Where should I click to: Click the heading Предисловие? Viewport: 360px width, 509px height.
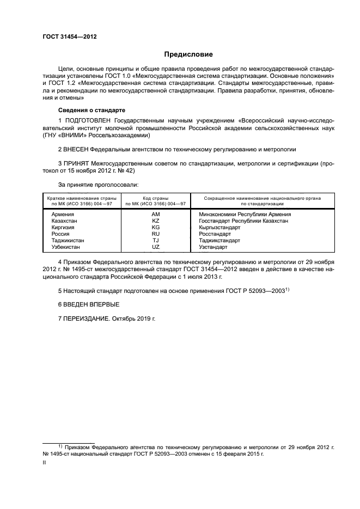click(188, 54)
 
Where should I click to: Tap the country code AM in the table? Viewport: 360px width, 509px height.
click(155, 214)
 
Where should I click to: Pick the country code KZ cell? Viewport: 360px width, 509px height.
click(155, 220)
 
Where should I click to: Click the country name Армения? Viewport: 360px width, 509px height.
click(62, 214)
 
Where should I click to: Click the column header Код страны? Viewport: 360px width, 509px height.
click(155, 199)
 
